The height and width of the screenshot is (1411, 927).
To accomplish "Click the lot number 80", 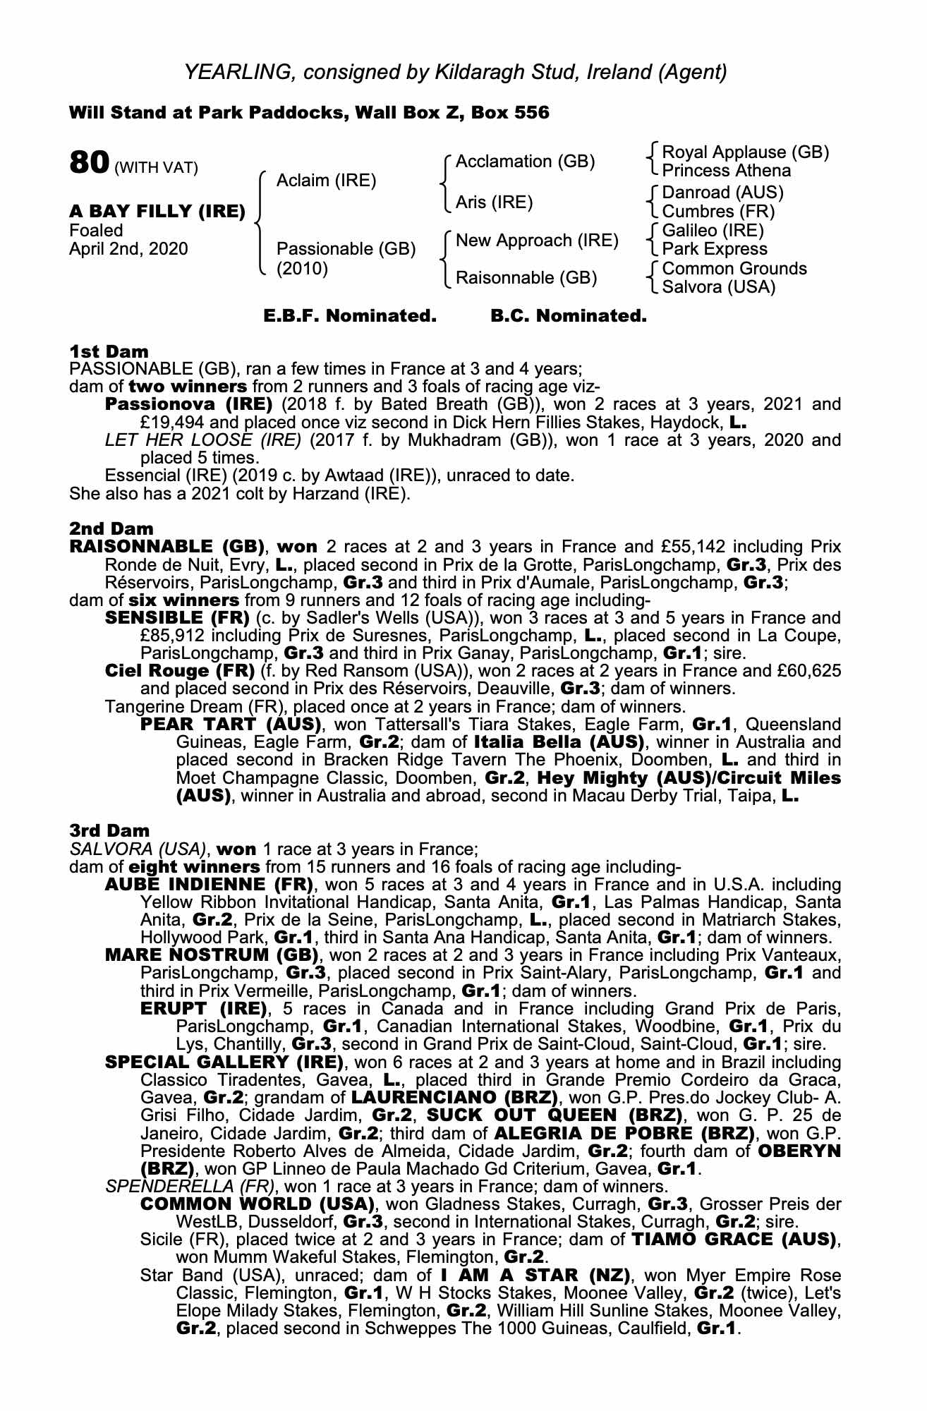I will coord(88,163).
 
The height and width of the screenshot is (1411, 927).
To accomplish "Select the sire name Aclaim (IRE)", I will coord(326,181).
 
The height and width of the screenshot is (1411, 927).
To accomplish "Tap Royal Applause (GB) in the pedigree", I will coord(745,152).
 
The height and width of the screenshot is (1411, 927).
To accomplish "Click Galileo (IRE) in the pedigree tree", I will coord(713,231).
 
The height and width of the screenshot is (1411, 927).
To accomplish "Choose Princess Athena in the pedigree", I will coord(727,171).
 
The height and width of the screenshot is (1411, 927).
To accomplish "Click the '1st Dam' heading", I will coord(109,351).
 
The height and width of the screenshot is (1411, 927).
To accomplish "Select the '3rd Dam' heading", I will coord(109,830).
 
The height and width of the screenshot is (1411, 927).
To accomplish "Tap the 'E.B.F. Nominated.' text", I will coord(350,316).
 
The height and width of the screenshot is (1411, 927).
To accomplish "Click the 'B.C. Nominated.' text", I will coord(568,316).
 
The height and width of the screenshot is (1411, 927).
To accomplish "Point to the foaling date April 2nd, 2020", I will coord(128,249).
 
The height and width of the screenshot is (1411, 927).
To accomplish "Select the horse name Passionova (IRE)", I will coord(188,405).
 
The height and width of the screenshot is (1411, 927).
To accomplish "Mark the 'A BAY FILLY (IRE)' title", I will coord(157,211).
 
